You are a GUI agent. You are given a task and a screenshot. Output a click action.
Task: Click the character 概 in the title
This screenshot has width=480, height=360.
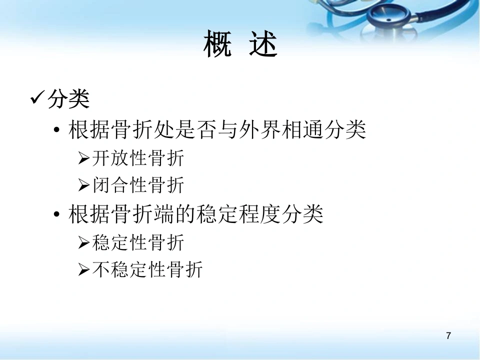[217, 43]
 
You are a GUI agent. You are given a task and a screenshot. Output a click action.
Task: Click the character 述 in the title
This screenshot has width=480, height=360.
[263, 43]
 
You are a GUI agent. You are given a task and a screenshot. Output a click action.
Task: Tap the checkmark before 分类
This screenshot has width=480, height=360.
[37, 97]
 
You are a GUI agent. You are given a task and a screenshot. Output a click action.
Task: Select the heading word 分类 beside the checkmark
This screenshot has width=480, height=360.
[68, 99]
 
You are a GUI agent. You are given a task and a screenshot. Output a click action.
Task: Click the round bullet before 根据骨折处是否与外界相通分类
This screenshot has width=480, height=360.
[56, 130]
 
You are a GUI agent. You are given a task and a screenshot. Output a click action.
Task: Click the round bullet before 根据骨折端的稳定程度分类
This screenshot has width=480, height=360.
[56, 214]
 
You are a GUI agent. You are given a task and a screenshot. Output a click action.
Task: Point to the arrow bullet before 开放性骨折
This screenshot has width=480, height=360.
[83, 158]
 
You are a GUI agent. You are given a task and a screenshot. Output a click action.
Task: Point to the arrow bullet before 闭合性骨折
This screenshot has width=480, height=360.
[83, 185]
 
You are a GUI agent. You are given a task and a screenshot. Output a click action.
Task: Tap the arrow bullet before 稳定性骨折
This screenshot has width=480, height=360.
[83, 242]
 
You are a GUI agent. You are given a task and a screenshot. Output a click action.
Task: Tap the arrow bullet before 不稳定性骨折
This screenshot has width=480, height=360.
[83, 269]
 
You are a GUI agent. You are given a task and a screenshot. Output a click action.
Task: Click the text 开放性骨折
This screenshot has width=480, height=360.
[138, 158]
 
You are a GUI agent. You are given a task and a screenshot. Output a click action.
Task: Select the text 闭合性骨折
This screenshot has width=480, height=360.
[138, 185]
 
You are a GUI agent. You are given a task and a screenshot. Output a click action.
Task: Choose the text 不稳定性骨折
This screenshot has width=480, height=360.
[147, 269]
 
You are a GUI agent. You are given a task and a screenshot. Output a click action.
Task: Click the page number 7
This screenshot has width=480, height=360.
[448, 336]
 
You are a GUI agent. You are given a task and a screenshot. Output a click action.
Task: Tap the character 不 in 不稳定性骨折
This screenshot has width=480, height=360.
[101, 269]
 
